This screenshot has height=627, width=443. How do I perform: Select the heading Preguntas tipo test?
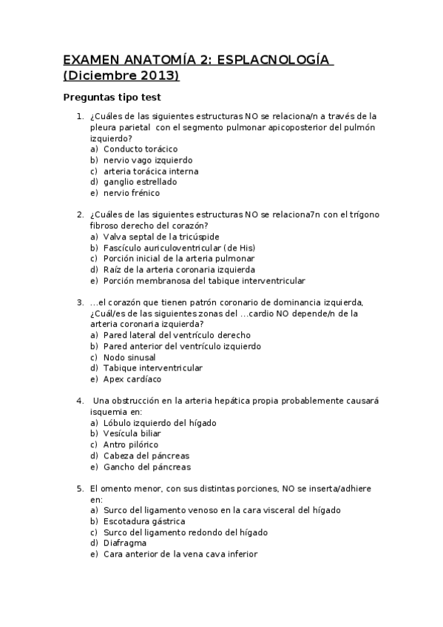(112, 97)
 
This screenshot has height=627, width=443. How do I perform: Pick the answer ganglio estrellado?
(140, 182)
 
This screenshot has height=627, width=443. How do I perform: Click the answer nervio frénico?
(131, 193)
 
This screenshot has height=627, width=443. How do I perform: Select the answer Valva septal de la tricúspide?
(160, 237)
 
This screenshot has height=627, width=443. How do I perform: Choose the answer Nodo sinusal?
(129, 357)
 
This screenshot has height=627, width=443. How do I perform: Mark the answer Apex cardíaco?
(132, 379)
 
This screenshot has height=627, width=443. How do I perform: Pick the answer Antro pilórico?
(131, 444)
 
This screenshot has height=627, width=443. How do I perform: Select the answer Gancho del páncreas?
(146, 467)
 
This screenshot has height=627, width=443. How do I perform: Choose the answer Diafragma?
(124, 543)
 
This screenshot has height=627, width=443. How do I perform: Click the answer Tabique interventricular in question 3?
(153, 368)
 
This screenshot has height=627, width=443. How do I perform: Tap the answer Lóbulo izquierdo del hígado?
(158, 422)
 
